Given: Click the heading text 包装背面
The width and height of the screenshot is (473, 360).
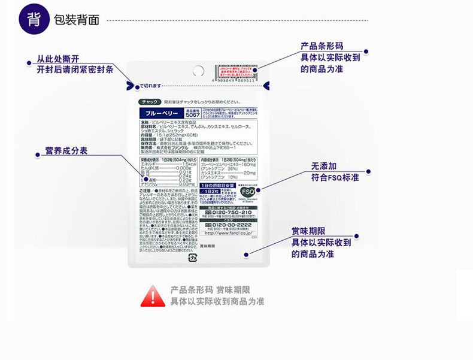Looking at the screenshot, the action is coord(77,20).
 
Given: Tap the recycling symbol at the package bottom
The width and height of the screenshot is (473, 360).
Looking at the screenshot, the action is coord(193,258).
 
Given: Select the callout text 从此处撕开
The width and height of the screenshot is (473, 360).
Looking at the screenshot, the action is coord(57,59).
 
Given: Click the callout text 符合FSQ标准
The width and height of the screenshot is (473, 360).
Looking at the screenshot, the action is coord(335,178).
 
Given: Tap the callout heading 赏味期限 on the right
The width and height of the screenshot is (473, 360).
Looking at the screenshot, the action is coord(308,231).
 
